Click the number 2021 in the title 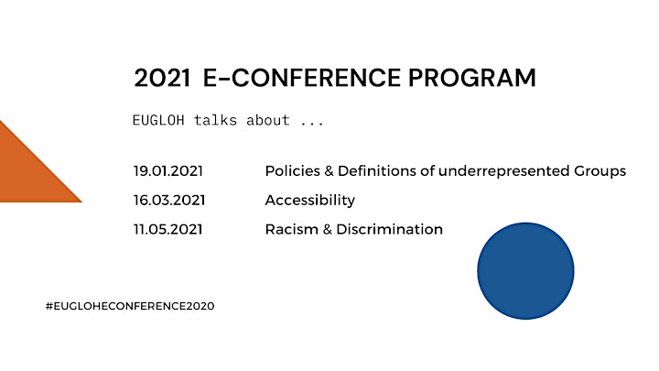click(162, 78)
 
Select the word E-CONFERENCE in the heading click(302, 78)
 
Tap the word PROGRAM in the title click(472, 78)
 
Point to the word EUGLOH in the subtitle click(158, 120)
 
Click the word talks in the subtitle click(215, 120)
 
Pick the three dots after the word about click(312, 124)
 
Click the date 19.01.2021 click(168, 171)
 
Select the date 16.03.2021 click(169, 201)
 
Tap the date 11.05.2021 click(168, 230)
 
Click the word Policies click(293, 171)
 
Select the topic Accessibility click(310, 201)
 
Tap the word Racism click(292, 230)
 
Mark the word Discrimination click(390, 230)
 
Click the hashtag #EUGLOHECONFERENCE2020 click(130, 306)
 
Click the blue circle click(525, 271)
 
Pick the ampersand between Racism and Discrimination click(328, 230)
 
